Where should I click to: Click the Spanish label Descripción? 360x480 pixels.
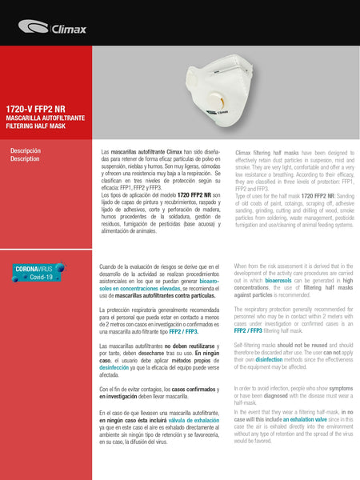25,150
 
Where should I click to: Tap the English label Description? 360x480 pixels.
25,158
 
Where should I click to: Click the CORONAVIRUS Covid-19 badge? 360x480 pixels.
36,273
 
